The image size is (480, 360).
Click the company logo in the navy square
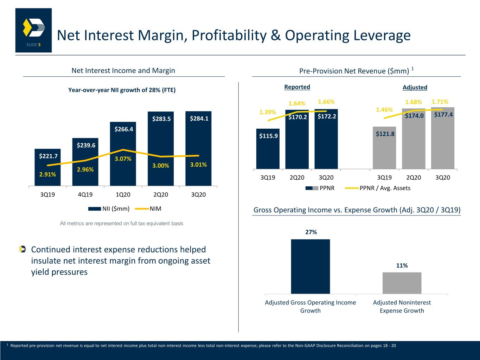pos(34,27)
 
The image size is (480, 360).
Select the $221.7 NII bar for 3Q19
pos(47,167)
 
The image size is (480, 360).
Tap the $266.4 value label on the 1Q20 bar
pos(124,129)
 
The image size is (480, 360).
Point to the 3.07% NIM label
pos(123,159)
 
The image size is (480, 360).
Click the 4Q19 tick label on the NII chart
pos(85,194)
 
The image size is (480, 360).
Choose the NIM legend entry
pos(148,209)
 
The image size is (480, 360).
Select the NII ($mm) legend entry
pos(109,209)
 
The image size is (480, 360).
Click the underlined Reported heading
pos(297,87)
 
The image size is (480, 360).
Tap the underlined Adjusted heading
pos(415,88)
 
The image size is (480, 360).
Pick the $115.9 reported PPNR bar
pos(268,149)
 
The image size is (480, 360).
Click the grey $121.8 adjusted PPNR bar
pos(384,148)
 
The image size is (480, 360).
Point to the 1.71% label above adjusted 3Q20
pos(440,102)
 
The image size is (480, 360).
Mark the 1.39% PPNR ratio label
pos(268,112)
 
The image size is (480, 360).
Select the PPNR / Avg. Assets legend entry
pos(377,188)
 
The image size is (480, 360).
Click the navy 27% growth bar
pos(310,266)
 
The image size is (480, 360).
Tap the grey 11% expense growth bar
pos(402,283)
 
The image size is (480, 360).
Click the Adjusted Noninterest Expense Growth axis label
pos(402,307)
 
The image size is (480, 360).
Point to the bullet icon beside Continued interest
pos(23,249)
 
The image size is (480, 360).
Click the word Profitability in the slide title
pos(229,35)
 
